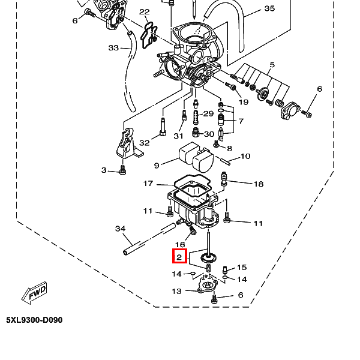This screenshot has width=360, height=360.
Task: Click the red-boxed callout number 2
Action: tap(179, 256)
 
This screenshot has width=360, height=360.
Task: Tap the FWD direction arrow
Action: tap(35, 293)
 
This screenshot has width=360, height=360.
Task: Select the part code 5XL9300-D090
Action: tap(34, 320)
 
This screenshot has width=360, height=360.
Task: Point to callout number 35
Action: tap(269, 8)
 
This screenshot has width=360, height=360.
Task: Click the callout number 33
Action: tap(113, 48)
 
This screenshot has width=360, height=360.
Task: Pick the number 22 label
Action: tap(145, 12)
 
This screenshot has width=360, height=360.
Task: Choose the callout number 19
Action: tap(244, 102)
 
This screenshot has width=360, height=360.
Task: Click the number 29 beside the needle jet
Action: tap(208, 113)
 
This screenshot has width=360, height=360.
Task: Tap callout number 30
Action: tap(209, 134)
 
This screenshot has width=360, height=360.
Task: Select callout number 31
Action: tap(178, 136)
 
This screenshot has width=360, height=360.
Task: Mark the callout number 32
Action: tap(145, 143)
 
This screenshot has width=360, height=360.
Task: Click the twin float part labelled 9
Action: tap(196, 157)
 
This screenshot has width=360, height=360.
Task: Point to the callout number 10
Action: tap(245, 157)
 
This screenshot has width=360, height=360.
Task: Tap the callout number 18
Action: tap(258, 184)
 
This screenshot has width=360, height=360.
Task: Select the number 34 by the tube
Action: tap(121, 229)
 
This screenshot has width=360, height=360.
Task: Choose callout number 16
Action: tap(180, 245)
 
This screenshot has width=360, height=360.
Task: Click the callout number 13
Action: tap(177, 291)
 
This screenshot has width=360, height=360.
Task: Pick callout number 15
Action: tap(242, 267)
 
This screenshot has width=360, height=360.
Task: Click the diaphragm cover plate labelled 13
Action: tap(208, 284)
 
